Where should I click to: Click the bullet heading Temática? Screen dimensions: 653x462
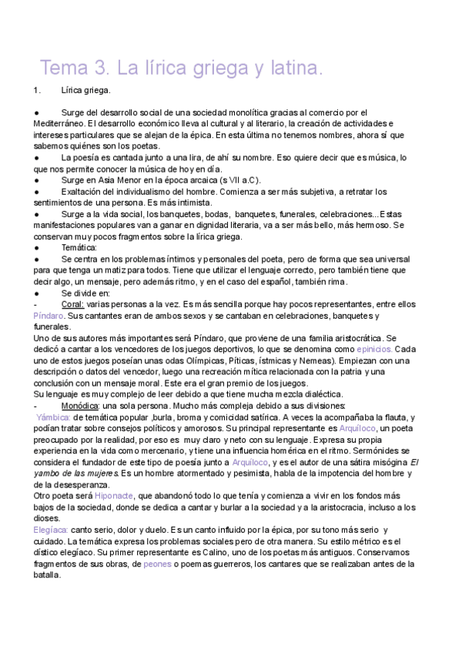click(x=81, y=248)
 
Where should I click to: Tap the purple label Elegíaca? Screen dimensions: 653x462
click(x=51, y=531)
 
